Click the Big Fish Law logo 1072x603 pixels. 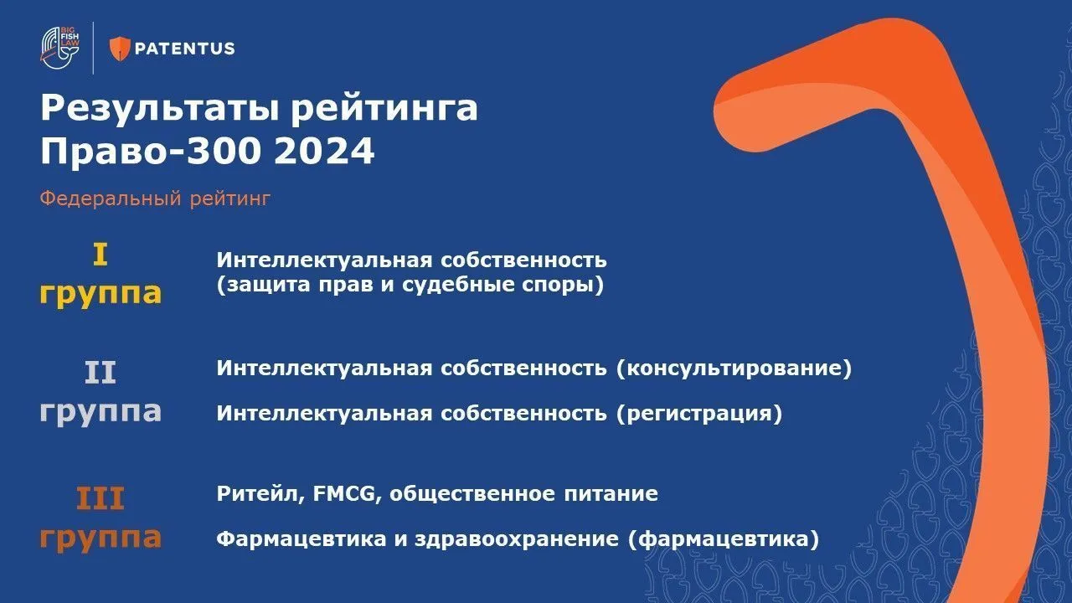61,49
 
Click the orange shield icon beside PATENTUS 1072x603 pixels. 121,49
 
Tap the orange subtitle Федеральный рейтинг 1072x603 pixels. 155,199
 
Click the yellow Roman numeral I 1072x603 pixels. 100,255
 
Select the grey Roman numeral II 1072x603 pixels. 100,373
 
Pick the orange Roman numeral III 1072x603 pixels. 100,499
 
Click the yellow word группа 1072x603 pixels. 100,294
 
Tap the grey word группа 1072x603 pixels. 100,412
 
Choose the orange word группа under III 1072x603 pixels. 100,539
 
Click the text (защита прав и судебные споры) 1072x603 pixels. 410,286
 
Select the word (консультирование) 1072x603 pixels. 733,368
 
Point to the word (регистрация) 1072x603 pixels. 698,414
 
